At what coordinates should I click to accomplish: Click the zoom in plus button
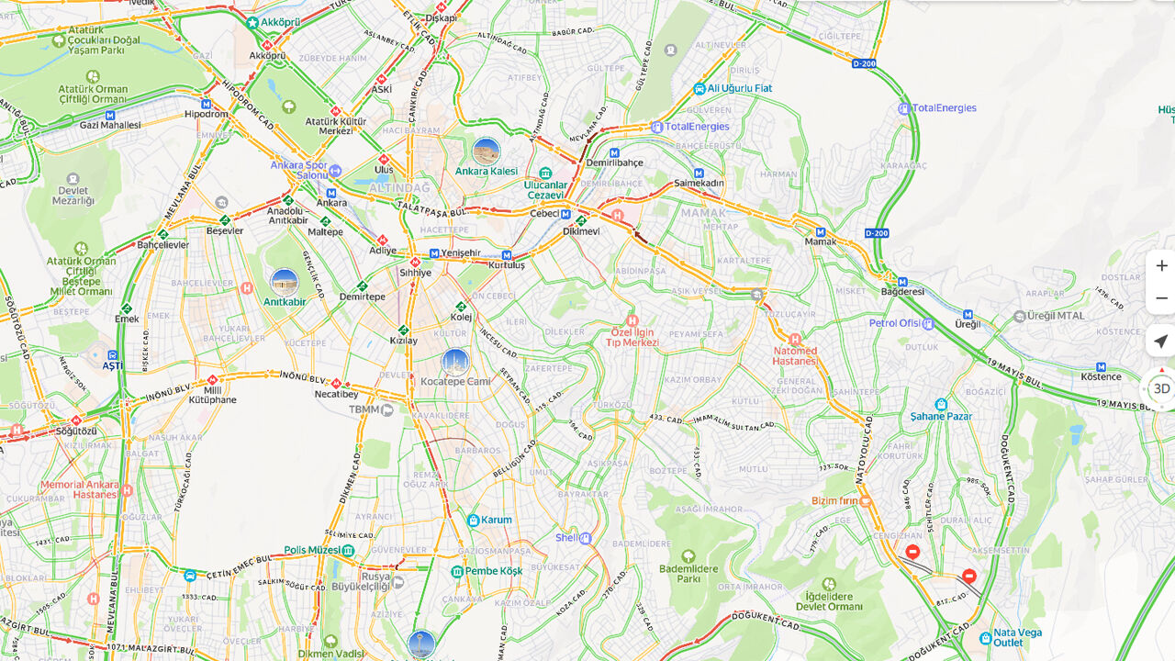point(1161,266)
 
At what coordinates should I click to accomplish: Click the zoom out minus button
point(1161,298)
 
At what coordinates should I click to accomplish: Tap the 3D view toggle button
point(1161,388)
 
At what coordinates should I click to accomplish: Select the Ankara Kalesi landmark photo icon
point(486,151)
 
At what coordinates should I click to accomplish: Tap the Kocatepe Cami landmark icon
point(455,363)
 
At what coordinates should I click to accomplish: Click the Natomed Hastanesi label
point(795,355)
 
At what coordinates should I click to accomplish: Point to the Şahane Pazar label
point(940,416)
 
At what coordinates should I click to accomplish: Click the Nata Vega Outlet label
point(1017,637)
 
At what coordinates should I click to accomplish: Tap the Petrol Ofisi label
point(895,323)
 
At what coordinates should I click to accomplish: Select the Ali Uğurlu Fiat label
point(739,88)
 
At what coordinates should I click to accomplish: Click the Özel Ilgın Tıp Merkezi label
point(632,337)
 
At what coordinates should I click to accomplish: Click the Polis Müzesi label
point(312,550)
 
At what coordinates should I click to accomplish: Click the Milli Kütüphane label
point(212,394)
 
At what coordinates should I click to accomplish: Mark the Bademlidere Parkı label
point(688,574)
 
